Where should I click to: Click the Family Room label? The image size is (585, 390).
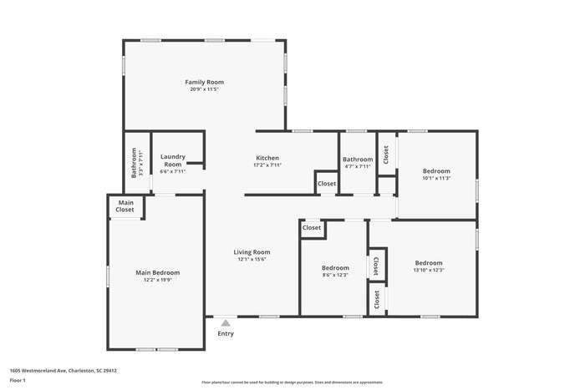pyautogui.click(x=204, y=82)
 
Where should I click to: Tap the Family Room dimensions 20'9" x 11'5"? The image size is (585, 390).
pyautogui.click(x=204, y=89)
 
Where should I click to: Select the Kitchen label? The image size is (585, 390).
pyautogui.click(x=267, y=158)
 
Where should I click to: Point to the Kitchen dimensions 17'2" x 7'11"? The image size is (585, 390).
pyautogui.click(x=267, y=165)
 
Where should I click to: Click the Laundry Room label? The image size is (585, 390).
pyautogui.click(x=173, y=160)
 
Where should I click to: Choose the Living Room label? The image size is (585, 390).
pyautogui.click(x=252, y=251)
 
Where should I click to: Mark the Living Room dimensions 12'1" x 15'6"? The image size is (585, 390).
pyautogui.click(x=252, y=259)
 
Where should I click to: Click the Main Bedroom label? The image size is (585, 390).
pyautogui.click(x=158, y=272)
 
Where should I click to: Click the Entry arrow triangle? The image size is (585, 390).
pyautogui.click(x=226, y=322)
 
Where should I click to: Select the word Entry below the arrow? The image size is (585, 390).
pyautogui.click(x=226, y=334)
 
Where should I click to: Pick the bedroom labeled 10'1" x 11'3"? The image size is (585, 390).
pyautogui.click(x=436, y=178)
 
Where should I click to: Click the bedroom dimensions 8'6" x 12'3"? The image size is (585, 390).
pyautogui.click(x=334, y=275)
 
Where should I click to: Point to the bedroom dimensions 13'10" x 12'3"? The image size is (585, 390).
pyautogui.click(x=429, y=270)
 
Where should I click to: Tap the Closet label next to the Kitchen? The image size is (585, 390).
pyautogui.click(x=326, y=184)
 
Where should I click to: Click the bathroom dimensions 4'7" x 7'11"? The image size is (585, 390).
pyautogui.click(x=358, y=166)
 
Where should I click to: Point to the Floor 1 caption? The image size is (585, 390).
pyautogui.click(x=18, y=381)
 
